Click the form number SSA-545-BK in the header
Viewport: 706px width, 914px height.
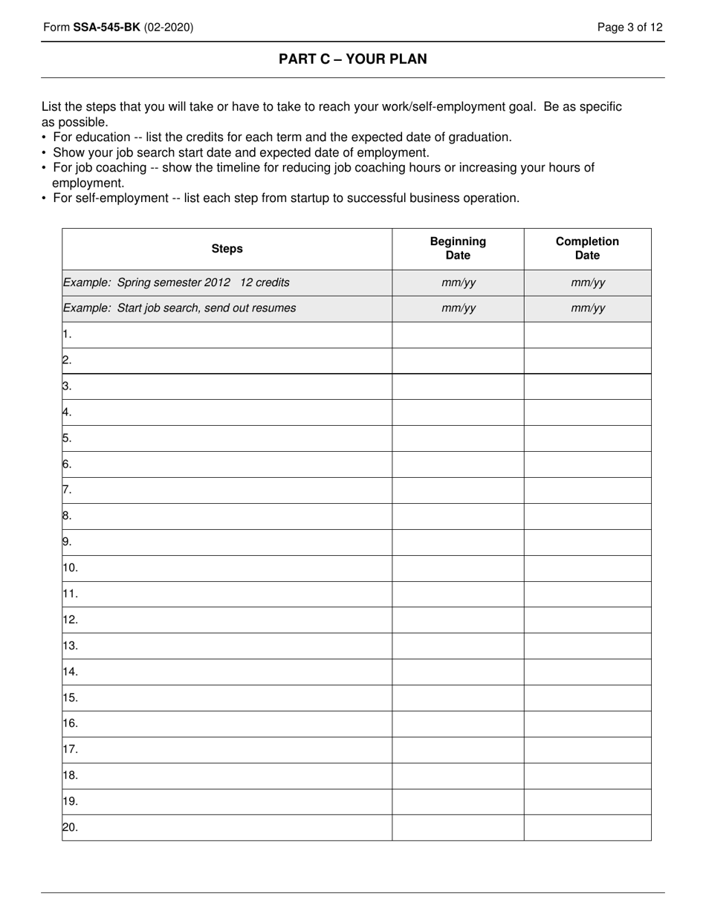click(x=106, y=27)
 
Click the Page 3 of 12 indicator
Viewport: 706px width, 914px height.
click(x=630, y=27)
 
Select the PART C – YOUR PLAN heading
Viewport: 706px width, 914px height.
click(x=353, y=59)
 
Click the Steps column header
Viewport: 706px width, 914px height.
click(x=227, y=249)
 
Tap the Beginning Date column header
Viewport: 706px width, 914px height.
click(x=458, y=248)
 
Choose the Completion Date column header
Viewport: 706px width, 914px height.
click(x=587, y=248)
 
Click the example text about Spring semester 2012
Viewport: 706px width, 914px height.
click(x=177, y=282)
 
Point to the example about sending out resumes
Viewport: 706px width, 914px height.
click(x=180, y=308)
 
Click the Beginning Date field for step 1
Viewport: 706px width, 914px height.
click(x=458, y=334)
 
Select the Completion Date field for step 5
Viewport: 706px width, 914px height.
click(x=587, y=438)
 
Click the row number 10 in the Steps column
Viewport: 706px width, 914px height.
click(x=71, y=568)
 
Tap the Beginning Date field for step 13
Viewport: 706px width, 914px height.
click(x=458, y=646)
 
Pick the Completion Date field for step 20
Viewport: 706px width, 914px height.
click(x=587, y=827)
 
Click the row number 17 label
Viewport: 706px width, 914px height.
click(x=71, y=749)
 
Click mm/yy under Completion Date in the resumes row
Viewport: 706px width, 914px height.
click(x=587, y=308)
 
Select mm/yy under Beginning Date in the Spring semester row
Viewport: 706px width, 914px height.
click(x=458, y=282)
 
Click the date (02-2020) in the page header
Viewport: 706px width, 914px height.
click(x=169, y=27)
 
